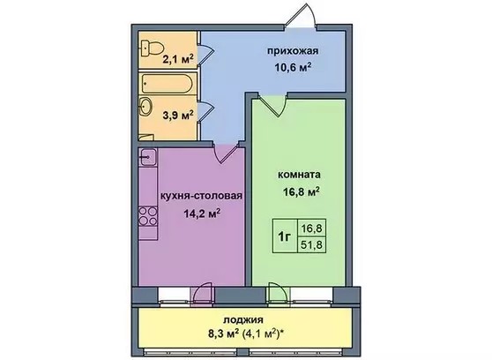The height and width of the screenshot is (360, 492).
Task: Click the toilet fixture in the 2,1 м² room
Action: pyautogui.click(x=153, y=49)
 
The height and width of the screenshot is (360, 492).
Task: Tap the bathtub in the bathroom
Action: pyautogui.click(x=167, y=83)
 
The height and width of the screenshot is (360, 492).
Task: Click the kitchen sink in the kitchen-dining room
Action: pyautogui.click(x=147, y=157)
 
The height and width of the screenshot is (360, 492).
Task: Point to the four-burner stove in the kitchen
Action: pyautogui.click(x=148, y=216)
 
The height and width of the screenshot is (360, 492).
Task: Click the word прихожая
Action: pyautogui.click(x=293, y=51)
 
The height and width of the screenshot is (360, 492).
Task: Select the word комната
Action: pyautogui.click(x=299, y=175)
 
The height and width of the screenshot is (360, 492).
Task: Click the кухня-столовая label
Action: pyautogui.click(x=201, y=196)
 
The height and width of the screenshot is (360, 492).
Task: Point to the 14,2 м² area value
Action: pyautogui.click(x=201, y=214)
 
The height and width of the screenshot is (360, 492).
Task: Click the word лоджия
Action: pyautogui.click(x=243, y=320)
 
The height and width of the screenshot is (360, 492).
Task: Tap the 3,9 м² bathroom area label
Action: pyautogui.click(x=177, y=116)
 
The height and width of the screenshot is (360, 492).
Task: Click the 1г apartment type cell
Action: pyautogui.click(x=284, y=236)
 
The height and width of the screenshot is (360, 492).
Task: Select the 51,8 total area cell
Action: pyautogui.click(x=311, y=244)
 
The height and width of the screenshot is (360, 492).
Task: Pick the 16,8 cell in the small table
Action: pyautogui.click(x=311, y=228)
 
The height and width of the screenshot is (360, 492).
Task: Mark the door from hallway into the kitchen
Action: pyautogui.click(x=227, y=152)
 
